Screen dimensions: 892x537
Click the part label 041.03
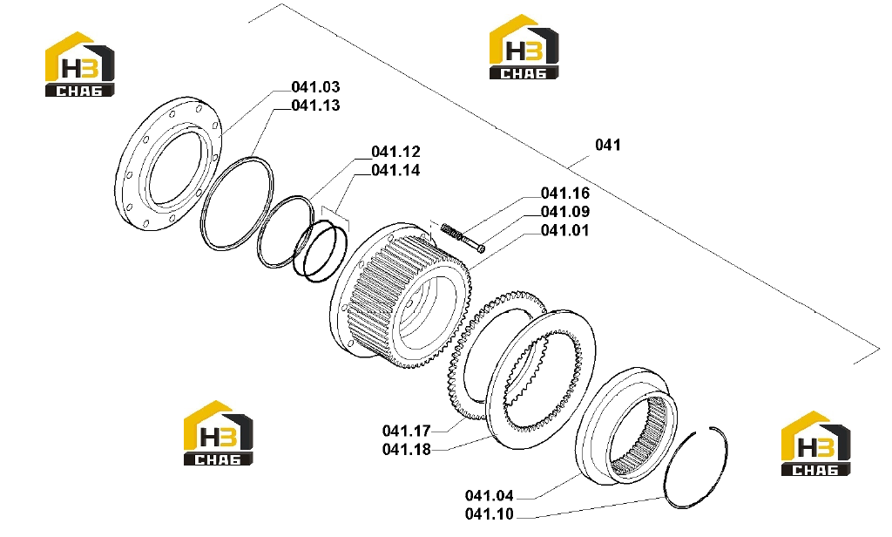(x=315, y=87)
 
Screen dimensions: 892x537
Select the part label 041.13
(x=315, y=105)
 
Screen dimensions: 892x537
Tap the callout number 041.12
(x=395, y=152)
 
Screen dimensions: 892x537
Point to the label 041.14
(x=395, y=170)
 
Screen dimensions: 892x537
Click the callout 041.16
(x=564, y=194)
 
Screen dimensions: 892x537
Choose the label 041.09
(x=564, y=212)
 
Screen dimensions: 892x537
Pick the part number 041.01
(x=564, y=231)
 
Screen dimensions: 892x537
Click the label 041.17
(x=406, y=431)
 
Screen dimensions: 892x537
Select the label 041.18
(x=406, y=450)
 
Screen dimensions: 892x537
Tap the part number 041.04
(x=490, y=496)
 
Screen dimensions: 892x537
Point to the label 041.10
(x=490, y=515)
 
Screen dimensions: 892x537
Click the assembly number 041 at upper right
(x=607, y=146)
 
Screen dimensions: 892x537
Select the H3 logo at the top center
(x=524, y=47)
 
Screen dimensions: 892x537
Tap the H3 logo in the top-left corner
(x=79, y=65)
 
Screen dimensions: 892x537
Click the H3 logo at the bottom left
(x=218, y=433)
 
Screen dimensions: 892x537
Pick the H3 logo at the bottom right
(x=815, y=444)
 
